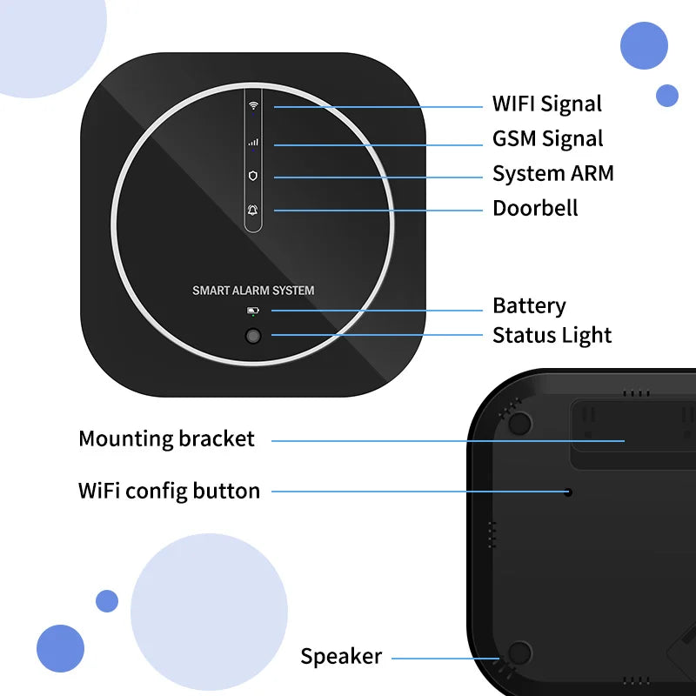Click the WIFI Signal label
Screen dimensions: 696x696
pyautogui.click(x=546, y=104)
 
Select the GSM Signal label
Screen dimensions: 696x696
pyautogui.click(x=547, y=138)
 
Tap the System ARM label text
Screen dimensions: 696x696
pyautogui.click(x=552, y=173)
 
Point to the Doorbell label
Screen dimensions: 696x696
pyautogui.click(x=535, y=208)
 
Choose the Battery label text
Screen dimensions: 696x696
pyautogui.click(x=529, y=305)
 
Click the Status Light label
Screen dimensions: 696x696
pyautogui.click(x=552, y=335)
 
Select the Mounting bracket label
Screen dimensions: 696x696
pyautogui.click(x=166, y=438)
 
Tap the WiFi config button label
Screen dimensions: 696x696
pyautogui.click(x=169, y=491)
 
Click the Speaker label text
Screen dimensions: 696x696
pyautogui.click(x=341, y=656)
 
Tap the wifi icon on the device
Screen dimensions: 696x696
pyautogui.click(x=254, y=105)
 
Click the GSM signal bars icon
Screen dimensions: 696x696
pyautogui.click(x=254, y=141)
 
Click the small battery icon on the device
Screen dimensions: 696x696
pyautogui.click(x=252, y=310)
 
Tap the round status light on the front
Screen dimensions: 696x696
pyautogui.click(x=253, y=336)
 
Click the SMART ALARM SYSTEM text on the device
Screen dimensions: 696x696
pyautogui.click(x=253, y=291)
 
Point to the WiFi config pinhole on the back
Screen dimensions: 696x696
pyautogui.click(x=568, y=492)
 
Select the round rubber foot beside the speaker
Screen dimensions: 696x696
pyautogui.click(x=519, y=653)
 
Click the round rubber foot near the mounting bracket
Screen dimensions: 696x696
pyautogui.click(x=519, y=423)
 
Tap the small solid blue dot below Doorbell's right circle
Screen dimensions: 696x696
pyautogui.click(x=667, y=96)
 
